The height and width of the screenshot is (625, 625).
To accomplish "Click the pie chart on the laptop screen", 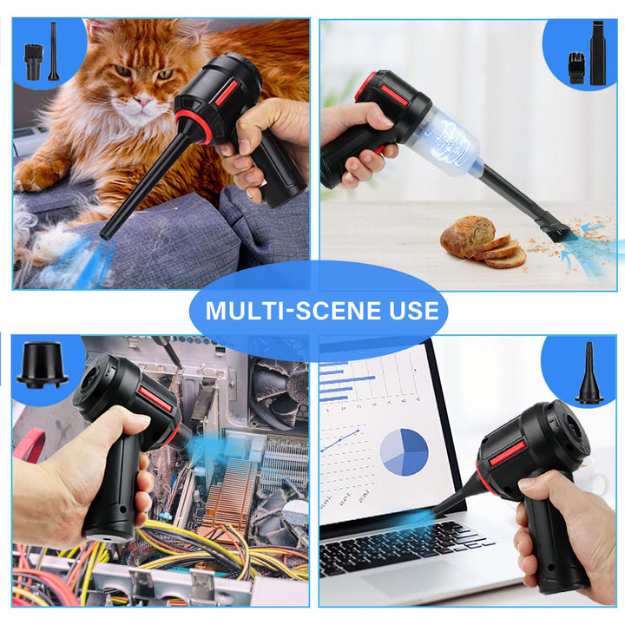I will pyautogui.click(x=404, y=451).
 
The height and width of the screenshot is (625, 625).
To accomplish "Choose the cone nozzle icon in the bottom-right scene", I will pyautogui.click(x=589, y=374).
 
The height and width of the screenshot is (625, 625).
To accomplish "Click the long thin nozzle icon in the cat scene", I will pyautogui.click(x=53, y=51).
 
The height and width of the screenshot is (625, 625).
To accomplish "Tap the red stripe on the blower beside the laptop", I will pyautogui.click(x=507, y=451).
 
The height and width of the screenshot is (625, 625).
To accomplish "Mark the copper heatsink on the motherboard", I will pyautogui.click(x=229, y=503).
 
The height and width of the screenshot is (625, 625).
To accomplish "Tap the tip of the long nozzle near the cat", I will pyautogui.click(x=107, y=234).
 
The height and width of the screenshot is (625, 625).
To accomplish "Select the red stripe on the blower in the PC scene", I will pyautogui.click(x=155, y=398).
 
